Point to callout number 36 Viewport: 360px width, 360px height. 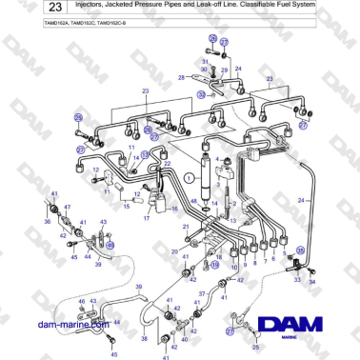click(x=47, y=222)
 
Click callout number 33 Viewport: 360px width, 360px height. click(x=297, y=281)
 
